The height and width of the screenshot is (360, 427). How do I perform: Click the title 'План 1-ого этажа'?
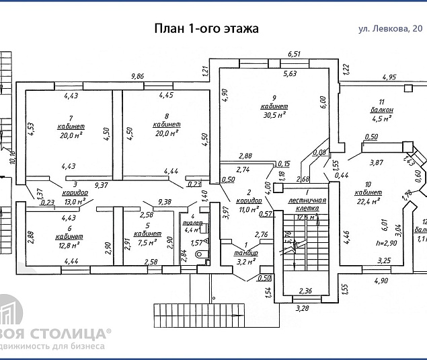click(206, 28)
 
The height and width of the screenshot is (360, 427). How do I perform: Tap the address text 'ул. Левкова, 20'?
click(390, 28)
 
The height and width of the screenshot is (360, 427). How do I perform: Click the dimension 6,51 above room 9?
click(293, 53)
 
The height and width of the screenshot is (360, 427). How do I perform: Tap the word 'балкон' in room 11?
click(381, 110)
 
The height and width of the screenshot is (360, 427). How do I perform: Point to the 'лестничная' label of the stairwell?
click(306, 201)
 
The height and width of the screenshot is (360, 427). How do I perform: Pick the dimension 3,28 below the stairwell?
click(305, 310)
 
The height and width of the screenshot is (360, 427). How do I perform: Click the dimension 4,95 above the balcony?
click(391, 77)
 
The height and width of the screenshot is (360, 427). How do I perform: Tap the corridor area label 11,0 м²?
click(247, 210)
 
